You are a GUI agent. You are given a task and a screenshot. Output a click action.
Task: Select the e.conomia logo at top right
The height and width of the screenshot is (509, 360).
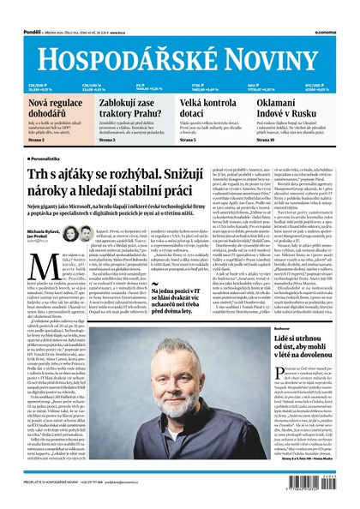point(337,7)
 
